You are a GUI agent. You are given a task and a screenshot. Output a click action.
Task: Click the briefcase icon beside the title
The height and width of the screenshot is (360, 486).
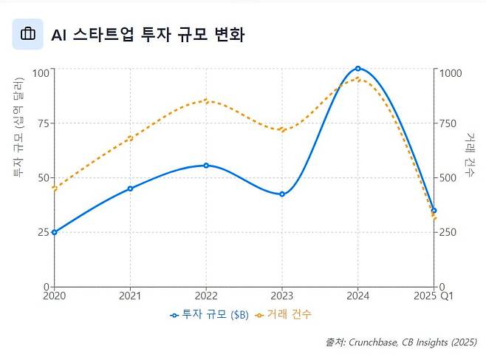[28, 34]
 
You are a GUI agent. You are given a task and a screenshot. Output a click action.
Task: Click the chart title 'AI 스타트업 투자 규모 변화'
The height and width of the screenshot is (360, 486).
[147, 35]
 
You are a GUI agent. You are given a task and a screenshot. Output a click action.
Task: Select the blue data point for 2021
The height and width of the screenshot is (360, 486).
[130, 189]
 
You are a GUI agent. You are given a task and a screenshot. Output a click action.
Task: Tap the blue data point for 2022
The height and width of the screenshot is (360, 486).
[206, 166]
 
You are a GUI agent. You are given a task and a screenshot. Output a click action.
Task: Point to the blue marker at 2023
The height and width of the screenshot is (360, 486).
[282, 194]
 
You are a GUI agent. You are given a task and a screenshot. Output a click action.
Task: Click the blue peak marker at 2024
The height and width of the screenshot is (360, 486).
[358, 68]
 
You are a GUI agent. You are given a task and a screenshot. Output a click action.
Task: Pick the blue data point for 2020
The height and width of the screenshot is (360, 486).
[54, 232]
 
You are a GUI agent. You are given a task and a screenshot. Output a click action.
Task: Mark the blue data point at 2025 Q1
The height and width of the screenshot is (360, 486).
[434, 211]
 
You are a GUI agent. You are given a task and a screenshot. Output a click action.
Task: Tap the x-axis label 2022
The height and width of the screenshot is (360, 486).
[206, 296]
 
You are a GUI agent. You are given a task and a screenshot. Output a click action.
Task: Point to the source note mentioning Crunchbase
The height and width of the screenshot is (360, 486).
[401, 343]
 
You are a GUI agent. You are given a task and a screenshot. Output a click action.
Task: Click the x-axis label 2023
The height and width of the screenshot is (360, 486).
[282, 296]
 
